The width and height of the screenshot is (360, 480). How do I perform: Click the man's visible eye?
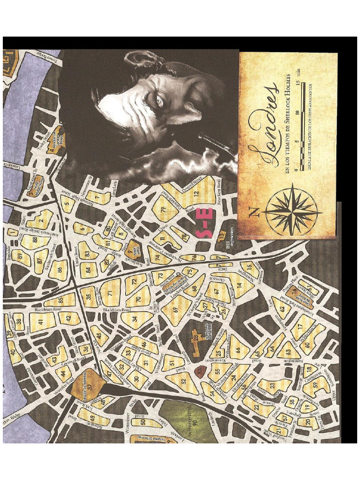[x=159, y=99]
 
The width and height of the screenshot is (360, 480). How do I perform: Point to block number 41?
[x=41, y=322]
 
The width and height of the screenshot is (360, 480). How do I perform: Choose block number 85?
[x=60, y=300]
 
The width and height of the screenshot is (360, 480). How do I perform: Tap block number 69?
[x=176, y=309]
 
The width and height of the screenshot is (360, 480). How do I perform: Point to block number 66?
[x=233, y=349]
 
